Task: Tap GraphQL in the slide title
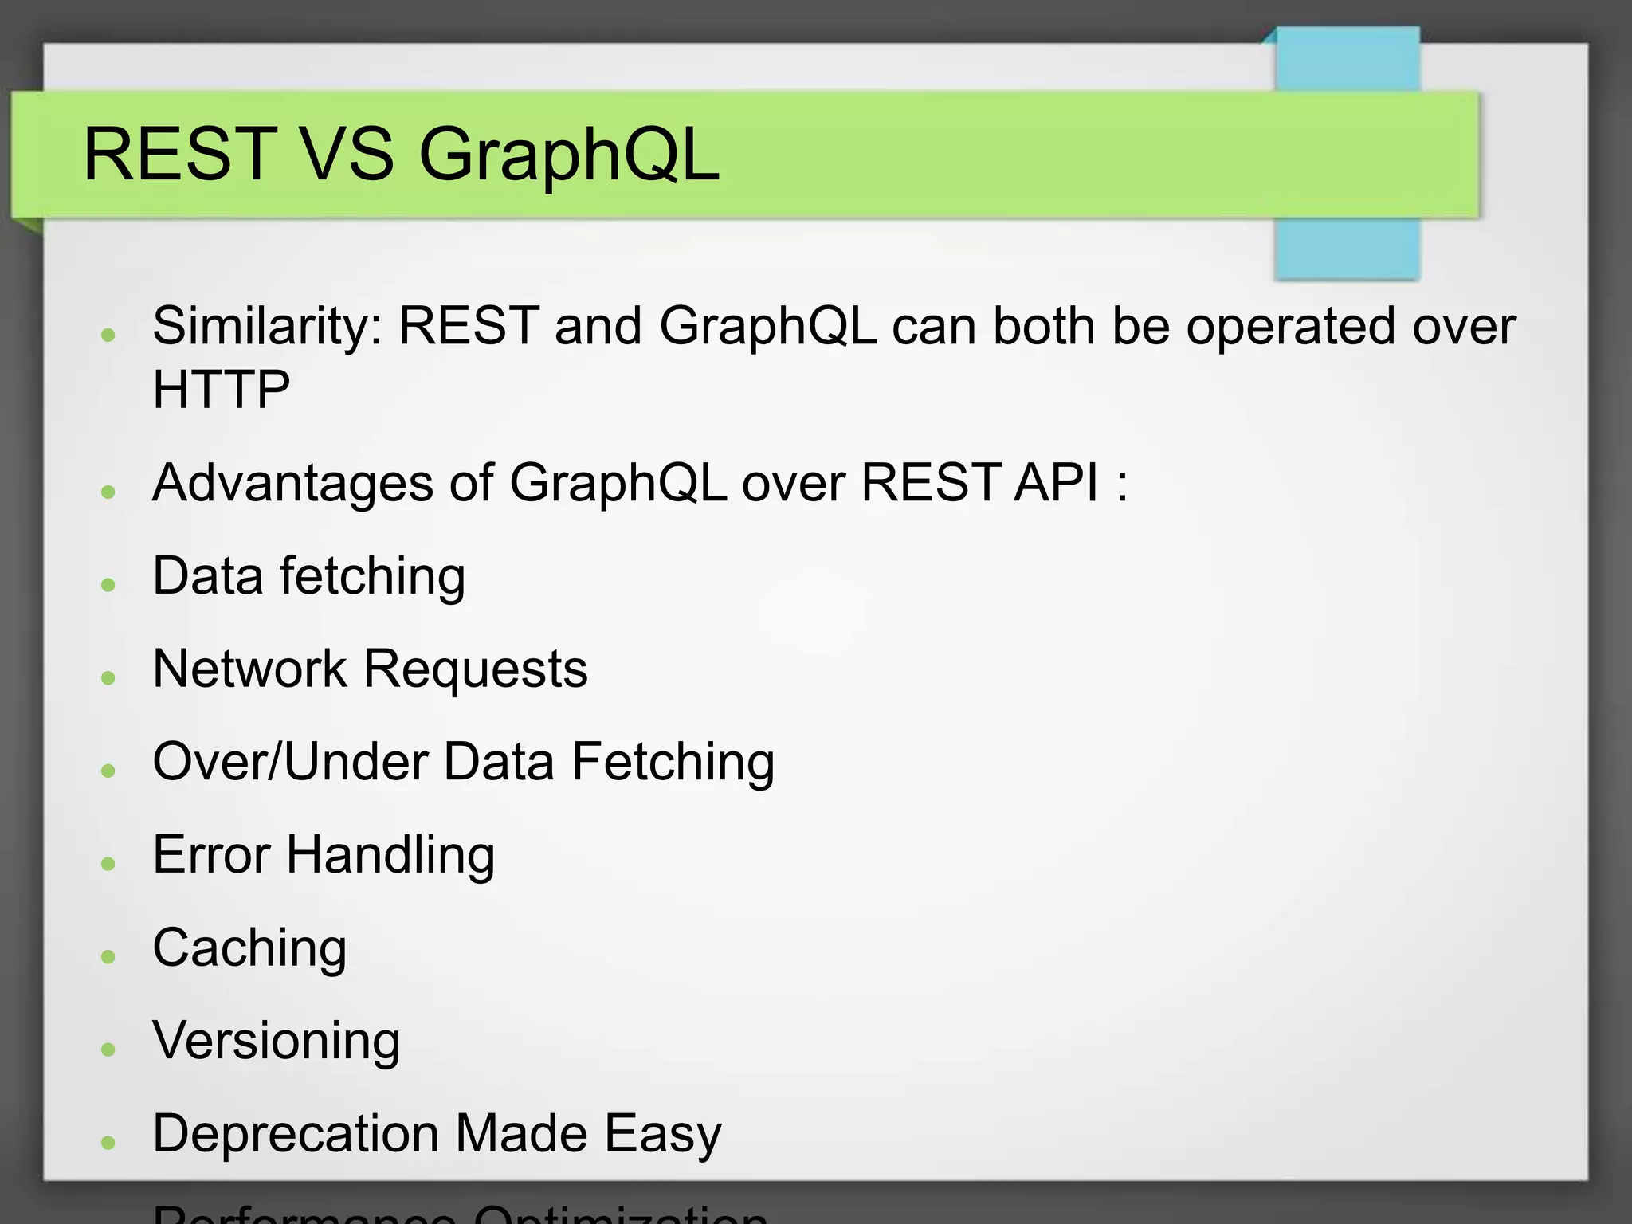click(568, 155)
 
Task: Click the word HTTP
click(221, 390)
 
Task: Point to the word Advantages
click(292, 484)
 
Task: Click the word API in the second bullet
click(1057, 483)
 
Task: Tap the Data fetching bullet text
click(308, 576)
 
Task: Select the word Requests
click(475, 669)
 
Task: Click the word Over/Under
click(290, 762)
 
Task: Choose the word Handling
click(390, 856)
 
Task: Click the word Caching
click(249, 949)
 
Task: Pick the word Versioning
click(276, 1042)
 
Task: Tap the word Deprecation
click(295, 1135)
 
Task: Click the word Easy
click(662, 1135)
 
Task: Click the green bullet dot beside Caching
click(109, 956)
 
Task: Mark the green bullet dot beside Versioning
click(109, 1049)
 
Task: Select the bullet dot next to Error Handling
click(109, 863)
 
